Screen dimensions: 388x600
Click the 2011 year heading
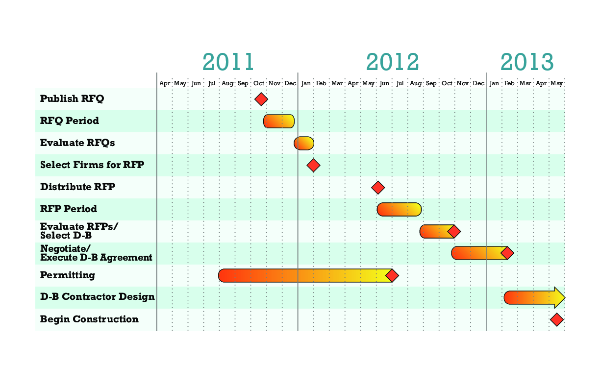point(228,62)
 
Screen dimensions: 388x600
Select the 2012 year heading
point(392,62)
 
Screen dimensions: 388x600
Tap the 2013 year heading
point(527,62)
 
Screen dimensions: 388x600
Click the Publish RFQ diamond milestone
point(261,99)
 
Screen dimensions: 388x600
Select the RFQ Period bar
point(279,121)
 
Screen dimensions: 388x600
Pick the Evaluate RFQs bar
point(303,143)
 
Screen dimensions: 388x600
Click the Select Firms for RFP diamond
point(313,165)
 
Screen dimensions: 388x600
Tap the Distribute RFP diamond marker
point(377,187)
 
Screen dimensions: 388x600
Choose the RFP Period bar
point(399,209)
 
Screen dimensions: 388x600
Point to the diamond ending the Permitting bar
point(392,275)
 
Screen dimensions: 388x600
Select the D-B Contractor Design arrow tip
point(560,297)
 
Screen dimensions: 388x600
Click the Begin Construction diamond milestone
point(556,319)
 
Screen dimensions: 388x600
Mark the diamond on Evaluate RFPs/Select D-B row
point(454,231)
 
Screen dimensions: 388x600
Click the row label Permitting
point(68,275)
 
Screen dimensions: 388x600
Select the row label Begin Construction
point(89,319)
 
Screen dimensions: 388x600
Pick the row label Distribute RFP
point(77,187)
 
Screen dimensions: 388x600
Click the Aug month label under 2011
point(227,84)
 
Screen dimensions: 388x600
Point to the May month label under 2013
point(556,84)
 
